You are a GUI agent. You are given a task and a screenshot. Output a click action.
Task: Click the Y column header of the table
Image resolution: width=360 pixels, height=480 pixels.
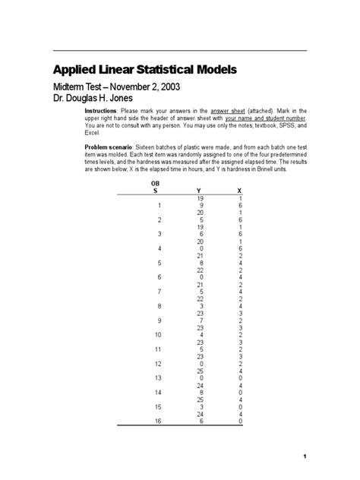pyautogui.click(x=199, y=191)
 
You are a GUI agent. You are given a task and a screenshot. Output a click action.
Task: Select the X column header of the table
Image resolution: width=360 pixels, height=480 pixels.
pyautogui.click(x=240, y=191)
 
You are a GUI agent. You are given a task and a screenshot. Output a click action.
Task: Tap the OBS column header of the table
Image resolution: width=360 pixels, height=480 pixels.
pyautogui.click(x=156, y=187)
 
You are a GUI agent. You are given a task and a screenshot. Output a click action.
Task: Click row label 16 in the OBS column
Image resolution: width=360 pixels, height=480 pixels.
pyautogui.click(x=156, y=420)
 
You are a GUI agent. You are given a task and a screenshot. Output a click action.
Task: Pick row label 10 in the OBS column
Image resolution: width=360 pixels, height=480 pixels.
pyautogui.click(x=156, y=334)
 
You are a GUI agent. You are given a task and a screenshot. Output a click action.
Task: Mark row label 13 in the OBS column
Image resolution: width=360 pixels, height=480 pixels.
pyautogui.click(x=156, y=377)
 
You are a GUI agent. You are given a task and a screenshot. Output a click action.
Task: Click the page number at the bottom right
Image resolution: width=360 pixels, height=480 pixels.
pyautogui.click(x=304, y=456)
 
